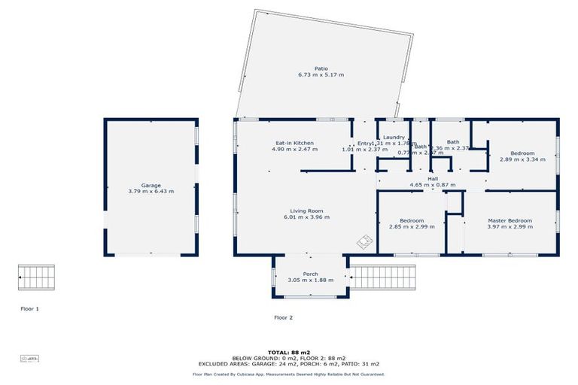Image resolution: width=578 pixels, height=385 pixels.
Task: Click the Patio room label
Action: click(x=321, y=68)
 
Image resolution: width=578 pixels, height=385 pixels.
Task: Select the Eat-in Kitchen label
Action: click(x=294, y=143)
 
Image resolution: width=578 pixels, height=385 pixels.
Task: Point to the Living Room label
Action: click(x=307, y=211)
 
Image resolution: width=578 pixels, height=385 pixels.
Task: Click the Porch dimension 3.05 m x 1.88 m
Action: click(x=310, y=280)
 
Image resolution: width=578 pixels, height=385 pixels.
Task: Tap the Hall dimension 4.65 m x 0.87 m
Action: click(x=433, y=185)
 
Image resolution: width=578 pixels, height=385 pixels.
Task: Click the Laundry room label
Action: click(x=394, y=137)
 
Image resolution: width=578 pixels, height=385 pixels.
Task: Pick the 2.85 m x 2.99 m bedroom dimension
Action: click(x=412, y=226)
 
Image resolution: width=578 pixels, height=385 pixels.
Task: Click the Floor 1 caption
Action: click(x=29, y=308)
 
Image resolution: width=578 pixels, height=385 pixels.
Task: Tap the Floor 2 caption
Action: click(x=283, y=317)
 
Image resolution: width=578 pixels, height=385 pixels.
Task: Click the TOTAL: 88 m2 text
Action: click(x=289, y=351)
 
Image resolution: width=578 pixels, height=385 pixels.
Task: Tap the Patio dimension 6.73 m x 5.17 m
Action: click(x=321, y=75)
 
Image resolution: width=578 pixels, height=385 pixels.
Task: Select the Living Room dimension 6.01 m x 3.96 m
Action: click(x=307, y=217)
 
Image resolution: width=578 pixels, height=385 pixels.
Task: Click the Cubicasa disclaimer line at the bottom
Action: click(x=289, y=374)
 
